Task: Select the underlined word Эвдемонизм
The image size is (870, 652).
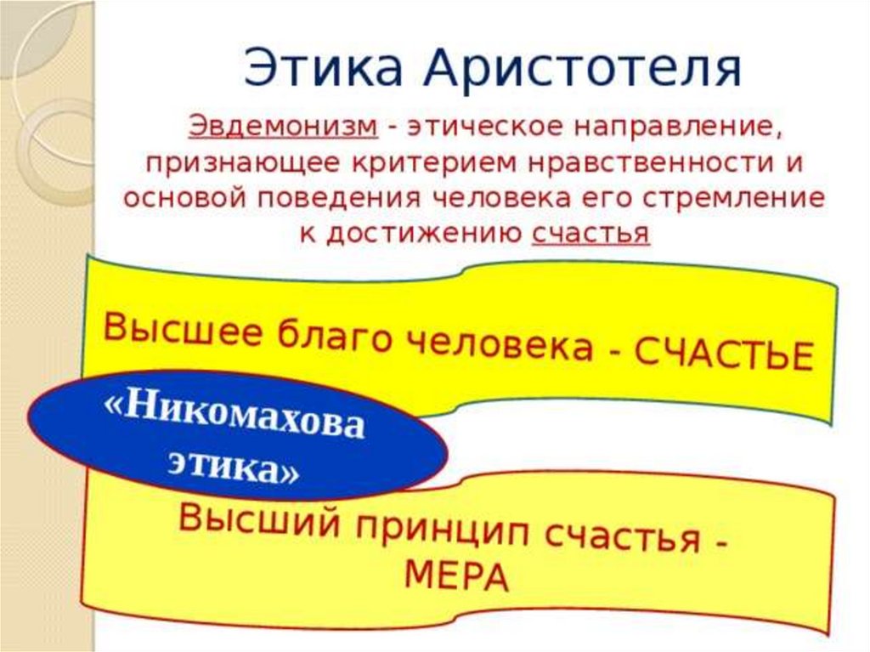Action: (284, 126)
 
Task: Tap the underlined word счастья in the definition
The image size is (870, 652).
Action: (591, 232)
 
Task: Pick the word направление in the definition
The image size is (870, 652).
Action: (681, 128)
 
